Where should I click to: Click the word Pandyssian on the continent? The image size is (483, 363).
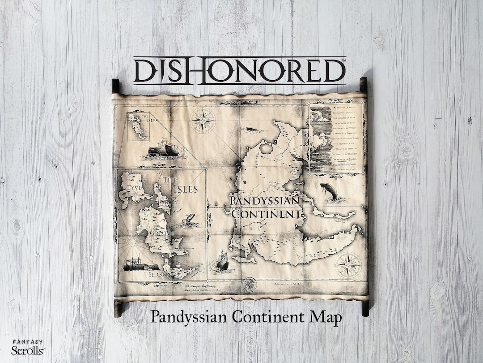point(264,200)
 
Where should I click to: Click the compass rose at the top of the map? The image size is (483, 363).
point(203,121)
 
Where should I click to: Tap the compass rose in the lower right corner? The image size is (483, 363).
point(348,264)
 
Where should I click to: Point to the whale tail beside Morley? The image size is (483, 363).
point(190,219)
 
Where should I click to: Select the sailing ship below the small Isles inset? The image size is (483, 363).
point(163,149)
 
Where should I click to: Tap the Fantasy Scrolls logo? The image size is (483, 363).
point(28,347)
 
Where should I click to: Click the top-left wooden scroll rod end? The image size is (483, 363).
point(115,85)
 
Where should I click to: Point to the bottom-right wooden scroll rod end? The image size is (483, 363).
point(365,308)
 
